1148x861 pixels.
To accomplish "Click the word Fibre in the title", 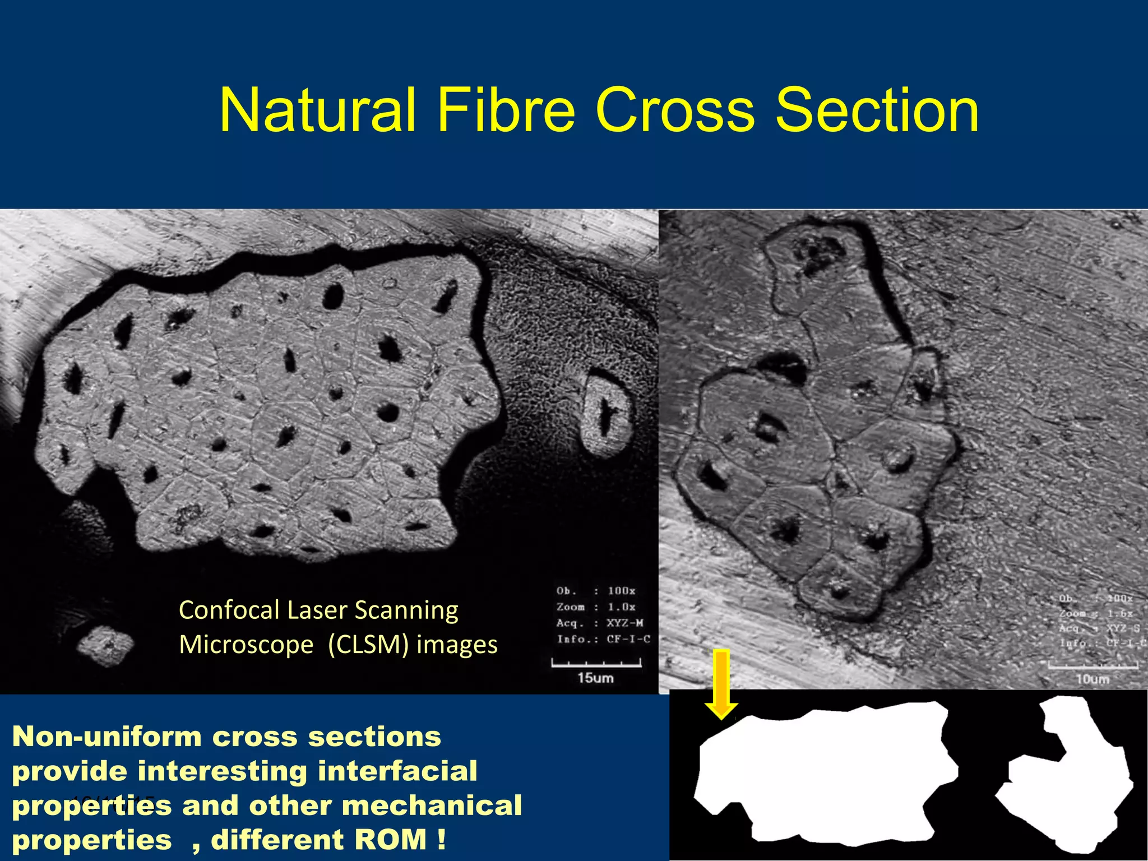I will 506,110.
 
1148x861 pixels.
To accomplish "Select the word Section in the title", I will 877,110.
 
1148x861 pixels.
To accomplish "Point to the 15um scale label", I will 595,678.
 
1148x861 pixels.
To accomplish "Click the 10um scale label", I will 1092,679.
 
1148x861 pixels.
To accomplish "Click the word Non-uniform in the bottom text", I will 107,737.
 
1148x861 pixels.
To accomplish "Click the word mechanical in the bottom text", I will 432,806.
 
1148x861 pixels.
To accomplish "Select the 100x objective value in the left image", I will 621,591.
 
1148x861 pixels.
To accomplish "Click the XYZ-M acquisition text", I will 624,623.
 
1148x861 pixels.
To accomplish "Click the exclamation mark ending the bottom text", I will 442,840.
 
